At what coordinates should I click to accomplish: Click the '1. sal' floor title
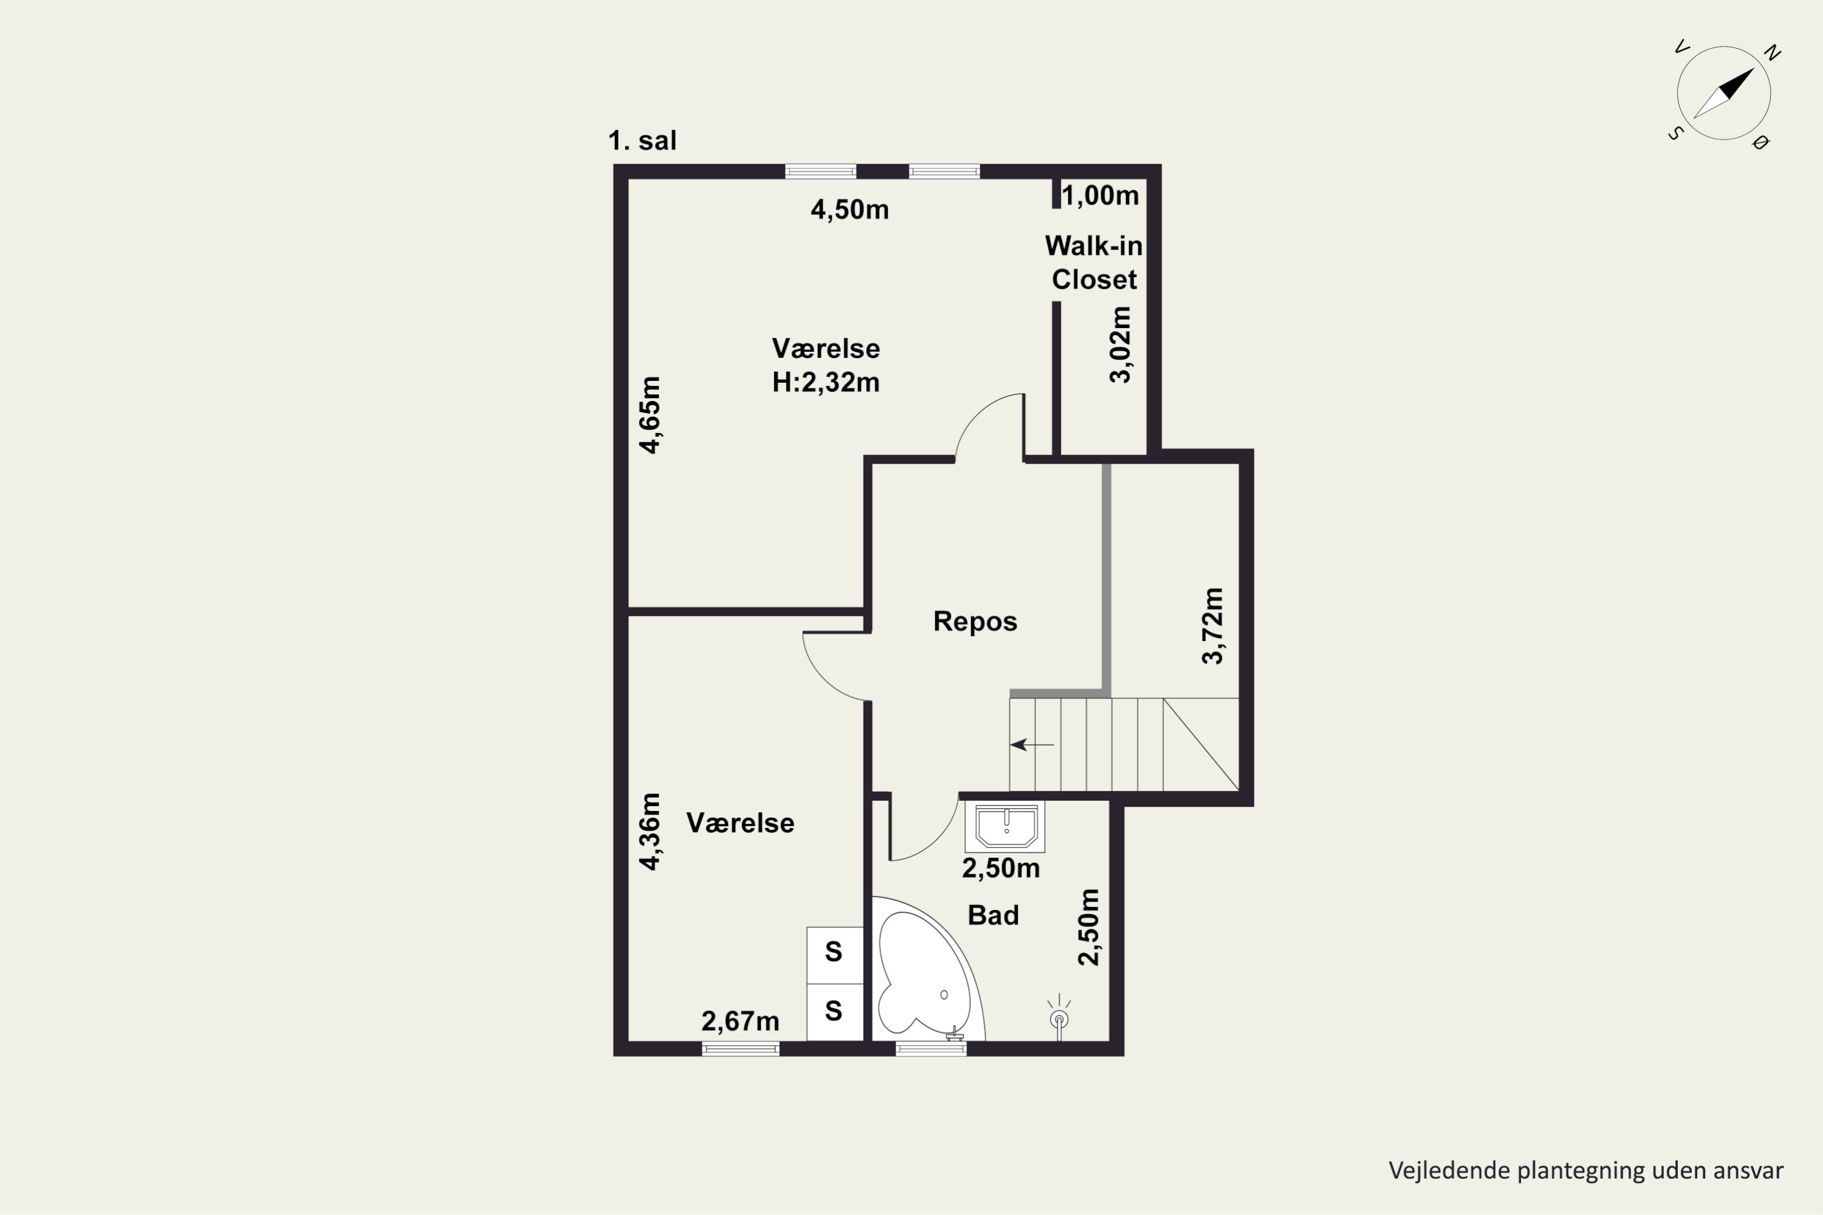click(x=642, y=141)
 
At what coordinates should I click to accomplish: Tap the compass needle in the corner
click(x=1724, y=93)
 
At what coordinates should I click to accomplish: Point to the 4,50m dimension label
click(x=850, y=209)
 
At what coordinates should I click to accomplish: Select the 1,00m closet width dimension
click(x=1100, y=195)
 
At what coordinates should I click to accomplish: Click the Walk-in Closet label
click(x=1094, y=262)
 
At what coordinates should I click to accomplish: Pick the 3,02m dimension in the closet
click(x=1120, y=345)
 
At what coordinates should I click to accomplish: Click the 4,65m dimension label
click(x=650, y=414)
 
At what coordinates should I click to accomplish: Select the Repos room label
click(x=975, y=621)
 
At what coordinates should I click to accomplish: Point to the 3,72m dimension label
click(x=1212, y=626)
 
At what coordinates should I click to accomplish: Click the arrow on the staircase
click(x=1032, y=745)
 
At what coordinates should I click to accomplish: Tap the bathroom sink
click(x=1005, y=826)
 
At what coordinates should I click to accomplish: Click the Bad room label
click(x=993, y=915)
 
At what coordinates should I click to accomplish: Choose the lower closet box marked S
click(x=834, y=1012)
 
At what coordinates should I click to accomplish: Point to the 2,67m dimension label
click(x=740, y=1021)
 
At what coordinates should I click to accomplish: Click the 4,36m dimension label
click(x=650, y=832)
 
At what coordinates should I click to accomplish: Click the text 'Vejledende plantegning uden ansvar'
click(x=1586, y=1170)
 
